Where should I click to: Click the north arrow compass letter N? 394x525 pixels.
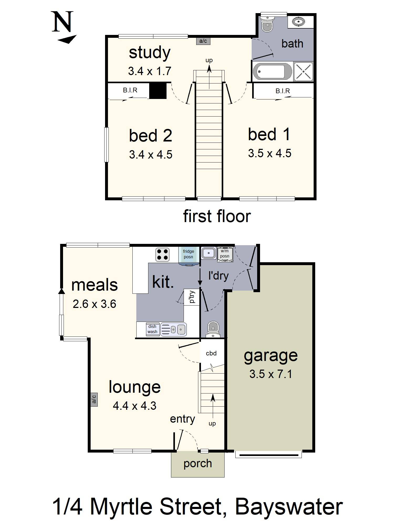(x=63, y=22)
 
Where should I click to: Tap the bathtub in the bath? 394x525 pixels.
(x=272, y=71)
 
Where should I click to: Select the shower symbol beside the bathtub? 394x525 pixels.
(x=303, y=71)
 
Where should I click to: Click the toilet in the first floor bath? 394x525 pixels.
(x=267, y=24)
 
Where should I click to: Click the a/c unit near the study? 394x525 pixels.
(x=203, y=41)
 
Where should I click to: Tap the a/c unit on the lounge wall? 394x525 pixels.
(x=94, y=400)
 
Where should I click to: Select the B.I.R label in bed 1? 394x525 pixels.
(x=283, y=91)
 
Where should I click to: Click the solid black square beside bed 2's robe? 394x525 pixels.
(x=158, y=91)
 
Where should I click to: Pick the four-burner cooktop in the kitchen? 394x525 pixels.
(x=162, y=255)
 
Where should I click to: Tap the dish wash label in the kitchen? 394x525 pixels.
(x=152, y=329)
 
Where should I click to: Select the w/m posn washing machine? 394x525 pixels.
(x=225, y=254)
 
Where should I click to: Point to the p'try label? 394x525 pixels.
(x=192, y=297)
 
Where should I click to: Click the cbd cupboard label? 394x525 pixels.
(x=211, y=353)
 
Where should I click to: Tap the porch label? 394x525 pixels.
(x=198, y=464)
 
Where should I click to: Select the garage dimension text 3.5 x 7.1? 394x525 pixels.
(x=271, y=374)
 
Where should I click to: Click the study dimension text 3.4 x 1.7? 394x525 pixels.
(x=150, y=71)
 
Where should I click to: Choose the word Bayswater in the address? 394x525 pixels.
(x=289, y=507)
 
